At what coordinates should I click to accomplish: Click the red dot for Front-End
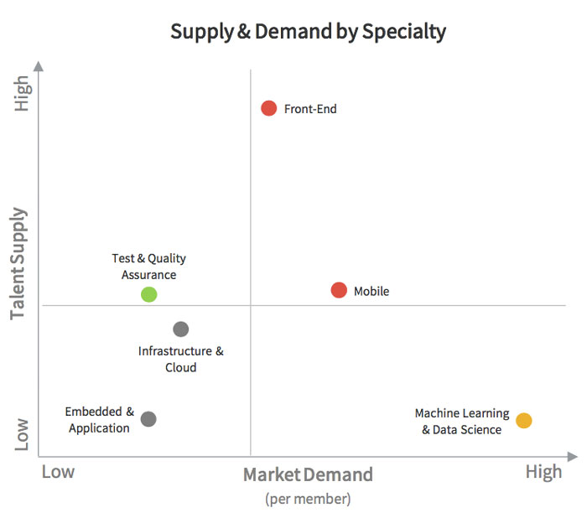click(268, 108)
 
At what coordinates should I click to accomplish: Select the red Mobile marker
click(339, 290)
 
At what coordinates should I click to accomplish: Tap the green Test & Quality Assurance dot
click(148, 294)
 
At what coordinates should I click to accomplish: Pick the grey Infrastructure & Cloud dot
click(180, 329)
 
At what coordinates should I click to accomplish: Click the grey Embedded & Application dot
click(148, 418)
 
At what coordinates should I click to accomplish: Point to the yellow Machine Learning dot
click(523, 421)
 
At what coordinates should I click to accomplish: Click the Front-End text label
click(310, 109)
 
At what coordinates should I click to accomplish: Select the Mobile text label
click(371, 292)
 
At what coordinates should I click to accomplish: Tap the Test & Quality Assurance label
click(148, 267)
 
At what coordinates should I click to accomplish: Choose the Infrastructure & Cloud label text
click(181, 360)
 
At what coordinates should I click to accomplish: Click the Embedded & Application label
click(100, 420)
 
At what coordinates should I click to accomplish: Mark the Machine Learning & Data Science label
click(462, 422)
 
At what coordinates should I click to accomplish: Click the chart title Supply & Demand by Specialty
click(308, 32)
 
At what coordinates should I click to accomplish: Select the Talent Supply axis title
click(18, 263)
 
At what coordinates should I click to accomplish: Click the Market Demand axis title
click(308, 475)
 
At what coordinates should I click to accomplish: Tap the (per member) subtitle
click(308, 500)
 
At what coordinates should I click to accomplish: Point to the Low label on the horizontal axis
click(58, 472)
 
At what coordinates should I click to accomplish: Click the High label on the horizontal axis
click(543, 472)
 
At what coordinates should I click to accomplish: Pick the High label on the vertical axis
click(21, 94)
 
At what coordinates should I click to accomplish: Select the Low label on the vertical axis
click(21, 435)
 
